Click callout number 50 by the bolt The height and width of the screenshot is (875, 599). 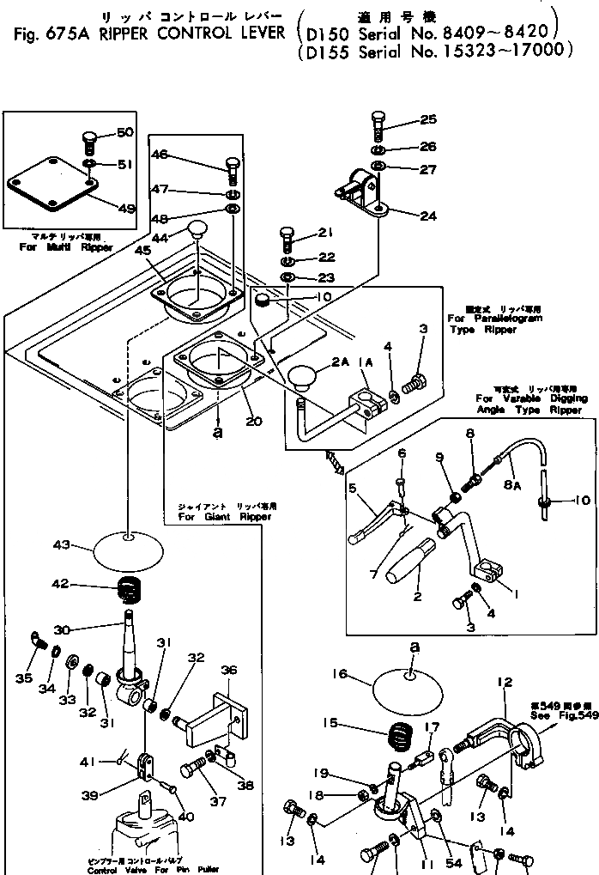124,132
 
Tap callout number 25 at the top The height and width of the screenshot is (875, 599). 428,119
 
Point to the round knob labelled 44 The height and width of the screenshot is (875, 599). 198,229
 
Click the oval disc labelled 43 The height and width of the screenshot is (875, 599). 127,549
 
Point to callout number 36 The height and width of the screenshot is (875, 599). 228,671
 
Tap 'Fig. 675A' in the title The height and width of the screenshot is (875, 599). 45,34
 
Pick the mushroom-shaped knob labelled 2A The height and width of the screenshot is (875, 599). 303,378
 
